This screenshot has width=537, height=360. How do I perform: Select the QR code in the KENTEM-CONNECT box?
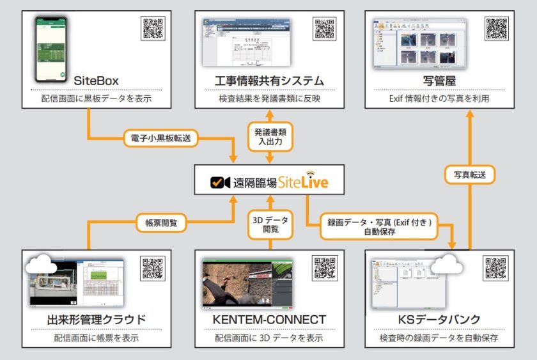pyautogui.click(x=324, y=269)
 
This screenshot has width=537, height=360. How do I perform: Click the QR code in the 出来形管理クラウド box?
pyautogui.click(x=153, y=269)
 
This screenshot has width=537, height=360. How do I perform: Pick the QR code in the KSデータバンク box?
pyautogui.click(x=496, y=269)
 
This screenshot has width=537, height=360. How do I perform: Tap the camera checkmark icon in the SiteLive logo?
pyautogui.click(x=221, y=182)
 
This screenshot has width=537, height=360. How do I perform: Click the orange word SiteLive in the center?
pyautogui.click(x=303, y=182)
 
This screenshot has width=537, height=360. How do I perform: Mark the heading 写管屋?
pyautogui.click(x=440, y=81)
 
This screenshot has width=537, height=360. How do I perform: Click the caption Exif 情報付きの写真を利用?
pyautogui.click(x=440, y=99)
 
